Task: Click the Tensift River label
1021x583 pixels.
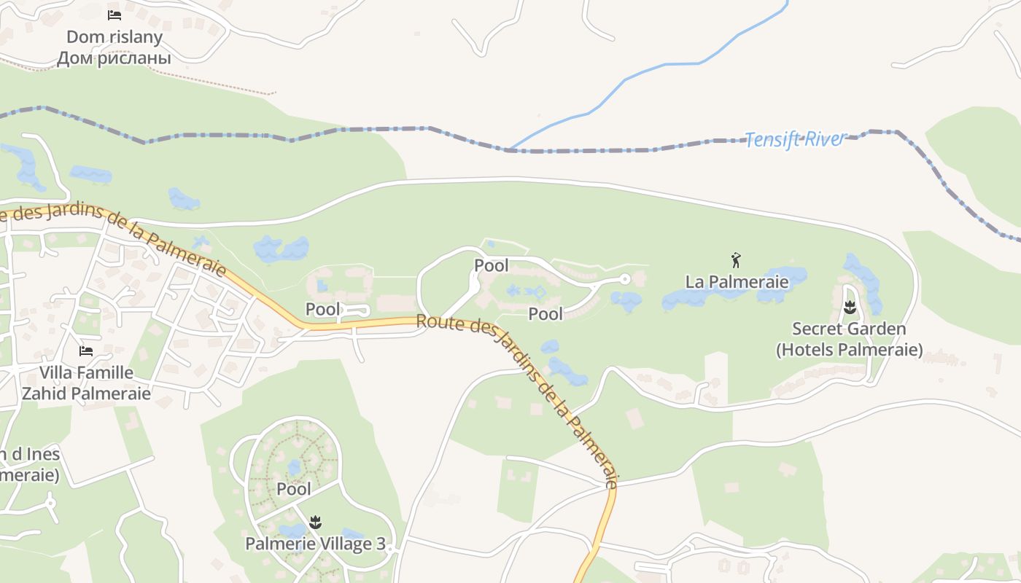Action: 795,138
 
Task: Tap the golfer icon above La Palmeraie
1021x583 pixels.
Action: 736,259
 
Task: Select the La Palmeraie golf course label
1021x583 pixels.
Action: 737,281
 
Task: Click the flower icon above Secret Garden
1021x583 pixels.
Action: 849,308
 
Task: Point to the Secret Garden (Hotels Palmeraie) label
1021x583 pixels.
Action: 849,340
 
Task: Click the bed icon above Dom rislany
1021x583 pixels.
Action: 114,15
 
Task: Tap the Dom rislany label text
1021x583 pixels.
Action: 114,36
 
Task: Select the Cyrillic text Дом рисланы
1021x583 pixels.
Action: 114,58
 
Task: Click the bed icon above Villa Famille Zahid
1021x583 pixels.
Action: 86,351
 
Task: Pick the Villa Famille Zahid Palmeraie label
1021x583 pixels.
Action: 86,383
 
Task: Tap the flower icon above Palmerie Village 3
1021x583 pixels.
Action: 315,522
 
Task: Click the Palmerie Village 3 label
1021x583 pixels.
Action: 315,544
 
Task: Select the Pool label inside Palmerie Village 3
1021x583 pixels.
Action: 294,489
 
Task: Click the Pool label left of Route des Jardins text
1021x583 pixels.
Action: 323,309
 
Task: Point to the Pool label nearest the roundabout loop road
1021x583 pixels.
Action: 492,266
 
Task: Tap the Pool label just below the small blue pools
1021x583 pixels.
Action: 546,314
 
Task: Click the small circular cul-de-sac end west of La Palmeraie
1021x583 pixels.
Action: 624,278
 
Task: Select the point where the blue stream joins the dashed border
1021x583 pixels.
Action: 508,149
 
